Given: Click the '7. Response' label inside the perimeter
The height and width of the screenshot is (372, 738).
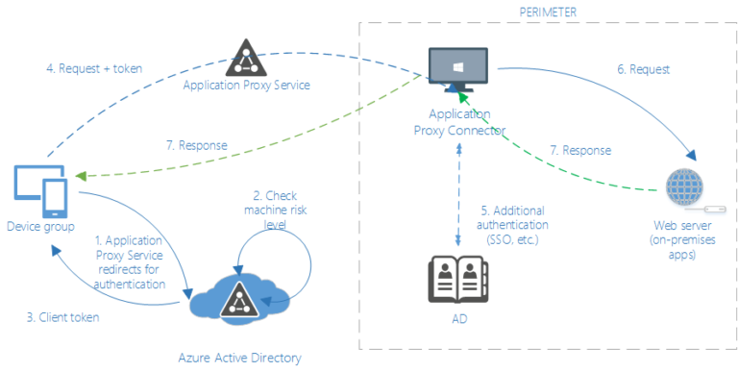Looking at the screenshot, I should (578, 151).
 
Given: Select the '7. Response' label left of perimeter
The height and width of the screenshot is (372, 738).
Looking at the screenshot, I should (195, 145).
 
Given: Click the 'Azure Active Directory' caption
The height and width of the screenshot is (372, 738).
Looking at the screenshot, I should (239, 358).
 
